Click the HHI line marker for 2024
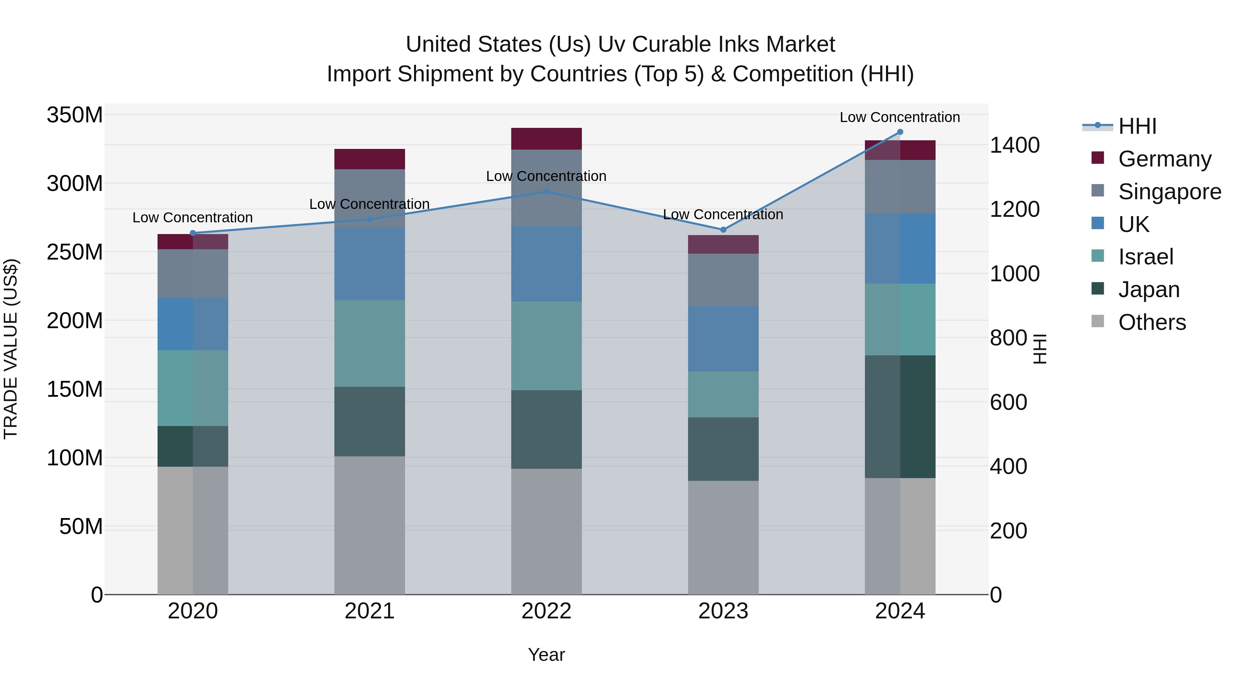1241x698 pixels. [900, 132]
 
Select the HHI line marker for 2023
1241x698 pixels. [723, 230]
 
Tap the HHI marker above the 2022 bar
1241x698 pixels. [546, 192]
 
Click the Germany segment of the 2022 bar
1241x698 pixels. [546, 139]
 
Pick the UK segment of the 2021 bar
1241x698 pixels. [370, 264]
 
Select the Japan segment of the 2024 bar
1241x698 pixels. [900, 417]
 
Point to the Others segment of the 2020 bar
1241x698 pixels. [193, 530]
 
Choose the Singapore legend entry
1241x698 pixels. [1170, 192]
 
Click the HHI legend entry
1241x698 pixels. [1137, 126]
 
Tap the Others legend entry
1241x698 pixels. [1152, 322]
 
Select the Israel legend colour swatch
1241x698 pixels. [1098, 255]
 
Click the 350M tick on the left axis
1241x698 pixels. [75, 115]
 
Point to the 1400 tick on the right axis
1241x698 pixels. [1015, 145]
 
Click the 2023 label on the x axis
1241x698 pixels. [723, 611]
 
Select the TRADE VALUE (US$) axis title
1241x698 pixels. [11, 349]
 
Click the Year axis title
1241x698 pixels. [546, 655]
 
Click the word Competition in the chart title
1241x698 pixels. [793, 74]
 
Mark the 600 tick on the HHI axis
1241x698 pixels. [1008, 402]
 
